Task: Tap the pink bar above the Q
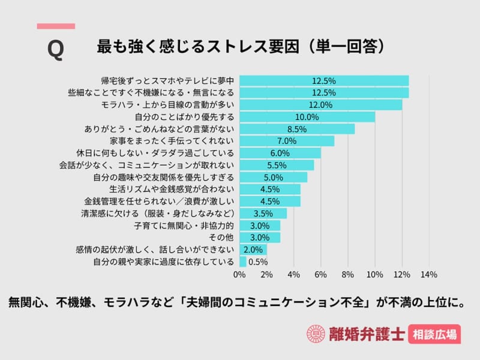tap(56, 26)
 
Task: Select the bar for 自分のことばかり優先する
tap(307, 116)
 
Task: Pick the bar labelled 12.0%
tap(320, 104)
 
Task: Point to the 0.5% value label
tap(257, 262)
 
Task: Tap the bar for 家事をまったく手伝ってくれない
tap(287, 141)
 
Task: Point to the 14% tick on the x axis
tap(428, 275)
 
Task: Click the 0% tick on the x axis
tap(239, 275)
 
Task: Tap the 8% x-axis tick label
tap(347, 275)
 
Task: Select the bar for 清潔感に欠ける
tap(263, 213)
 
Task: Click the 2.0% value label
tap(254, 250)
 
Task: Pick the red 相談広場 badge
tap(434, 334)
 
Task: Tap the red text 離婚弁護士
tap(365, 335)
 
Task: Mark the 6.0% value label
tap(280, 153)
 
